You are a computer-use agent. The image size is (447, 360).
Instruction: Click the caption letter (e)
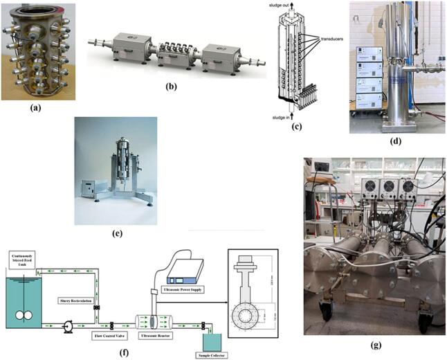point(116,233)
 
